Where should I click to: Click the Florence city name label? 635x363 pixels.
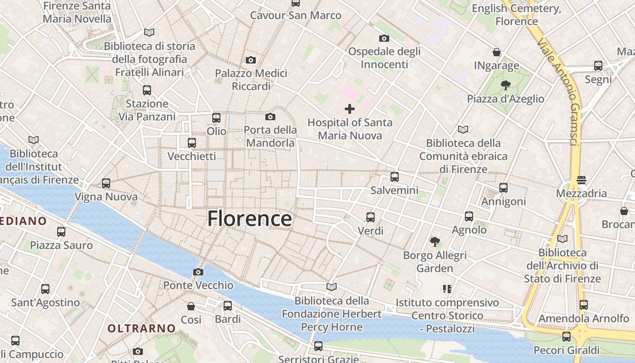pyautogui.click(x=249, y=219)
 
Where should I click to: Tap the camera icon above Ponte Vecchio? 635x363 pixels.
pyautogui.click(x=198, y=272)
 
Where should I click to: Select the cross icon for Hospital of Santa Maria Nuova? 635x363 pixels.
pyautogui.click(x=350, y=109)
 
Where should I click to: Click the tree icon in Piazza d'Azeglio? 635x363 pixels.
pyautogui.click(x=505, y=85)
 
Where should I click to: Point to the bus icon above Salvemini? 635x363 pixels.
pyautogui.click(x=395, y=177)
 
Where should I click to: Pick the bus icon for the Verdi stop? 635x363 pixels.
pyautogui.click(x=371, y=217)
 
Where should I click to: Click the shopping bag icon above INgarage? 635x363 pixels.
pyautogui.click(x=497, y=52)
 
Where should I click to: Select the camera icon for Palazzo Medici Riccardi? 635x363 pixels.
pyautogui.click(x=251, y=60)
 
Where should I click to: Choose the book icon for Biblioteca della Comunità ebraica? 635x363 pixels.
pyautogui.click(x=463, y=130)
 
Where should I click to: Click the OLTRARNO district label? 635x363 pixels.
pyautogui.click(x=142, y=328)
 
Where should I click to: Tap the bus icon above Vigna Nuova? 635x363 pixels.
pyautogui.click(x=106, y=183)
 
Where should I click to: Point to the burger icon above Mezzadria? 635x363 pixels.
pyautogui.click(x=581, y=180)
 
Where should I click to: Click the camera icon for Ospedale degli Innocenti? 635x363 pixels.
pyautogui.click(x=384, y=39)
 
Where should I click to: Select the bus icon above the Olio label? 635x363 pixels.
pyautogui.click(x=216, y=118)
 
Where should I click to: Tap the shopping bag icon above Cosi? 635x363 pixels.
pyautogui.click(x=191, y=306)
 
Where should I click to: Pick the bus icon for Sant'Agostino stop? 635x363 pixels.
pyautogui.click(x=45, y=289)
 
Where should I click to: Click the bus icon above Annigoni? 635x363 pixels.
pyautogui.click(x=503, y=188)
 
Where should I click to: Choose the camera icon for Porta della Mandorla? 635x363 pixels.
pyautogui.click(x=270, y=117)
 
